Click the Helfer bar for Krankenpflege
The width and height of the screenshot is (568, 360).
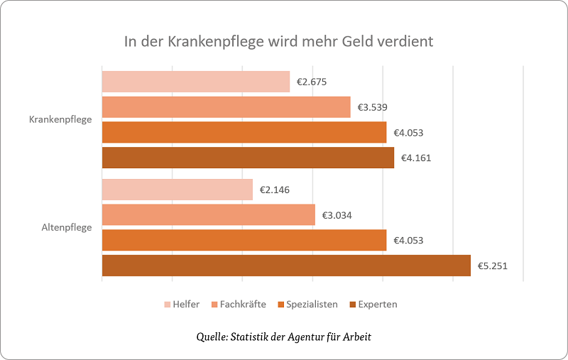[x=196, y=82]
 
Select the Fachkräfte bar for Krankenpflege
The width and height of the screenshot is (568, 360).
[x=226, y=107]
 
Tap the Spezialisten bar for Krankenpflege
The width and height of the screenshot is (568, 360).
[x=244, y=133]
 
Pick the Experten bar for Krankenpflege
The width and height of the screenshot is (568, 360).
[x=248, y=158]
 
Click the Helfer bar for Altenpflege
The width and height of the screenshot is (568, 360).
[x=177, y=190]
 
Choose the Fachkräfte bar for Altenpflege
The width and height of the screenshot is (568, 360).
[x=209, y=215]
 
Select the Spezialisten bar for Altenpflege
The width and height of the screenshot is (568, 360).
[x=244, y=240]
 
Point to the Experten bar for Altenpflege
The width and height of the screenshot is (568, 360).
[x=286, y=266]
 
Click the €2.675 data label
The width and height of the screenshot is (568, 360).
[x=312, y=82]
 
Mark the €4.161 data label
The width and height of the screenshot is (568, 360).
[x=416, y=158]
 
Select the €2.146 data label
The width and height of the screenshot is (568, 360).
[x=275, y=190]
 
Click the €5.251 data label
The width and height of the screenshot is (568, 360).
[x=493, y=266]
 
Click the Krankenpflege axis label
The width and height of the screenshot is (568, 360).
[x=60, y=119]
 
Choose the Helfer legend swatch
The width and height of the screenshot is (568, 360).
[x=168, y=305]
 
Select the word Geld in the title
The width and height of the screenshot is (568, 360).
[x=347, y=41]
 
